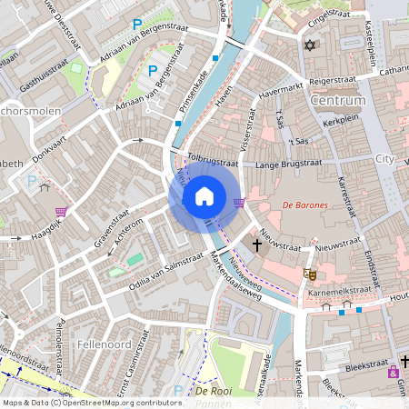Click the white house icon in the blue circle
(204, 196)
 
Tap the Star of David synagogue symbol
(309, 45)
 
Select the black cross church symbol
(257, 244)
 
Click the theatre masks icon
(309, 273)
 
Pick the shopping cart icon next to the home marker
(240, 202)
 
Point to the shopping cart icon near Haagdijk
(61, 212)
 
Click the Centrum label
(337, 100)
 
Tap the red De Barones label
(304, 205)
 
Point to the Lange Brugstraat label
(289, 165)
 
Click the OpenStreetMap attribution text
(92, 402)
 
